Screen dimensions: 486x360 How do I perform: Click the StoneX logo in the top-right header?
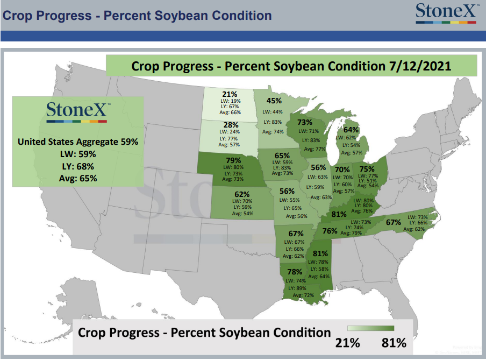click(446, 13)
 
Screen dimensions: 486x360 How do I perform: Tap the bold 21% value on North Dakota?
click(230, 94)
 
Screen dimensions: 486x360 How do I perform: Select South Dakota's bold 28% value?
click(231, 125)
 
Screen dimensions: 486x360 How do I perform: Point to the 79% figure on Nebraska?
click(233, 160)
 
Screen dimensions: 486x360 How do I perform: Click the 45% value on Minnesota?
click(274, 101)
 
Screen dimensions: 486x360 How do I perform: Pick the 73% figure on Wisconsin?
click(305, 122)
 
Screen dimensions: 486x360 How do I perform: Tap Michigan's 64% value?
click(351, 129)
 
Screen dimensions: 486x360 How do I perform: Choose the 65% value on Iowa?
click(282, 155)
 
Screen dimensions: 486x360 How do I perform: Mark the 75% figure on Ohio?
click(367, 169)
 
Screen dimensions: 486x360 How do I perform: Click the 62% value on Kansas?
click(242, 194)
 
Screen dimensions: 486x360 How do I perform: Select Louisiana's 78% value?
click(295, 272)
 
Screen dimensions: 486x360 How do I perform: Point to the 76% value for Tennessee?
click(330, 231)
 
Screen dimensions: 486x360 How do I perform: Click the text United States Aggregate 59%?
click(78, 142)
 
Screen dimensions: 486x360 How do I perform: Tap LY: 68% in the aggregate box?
click(78, 166)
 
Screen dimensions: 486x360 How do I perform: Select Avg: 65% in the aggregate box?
click(78, 179)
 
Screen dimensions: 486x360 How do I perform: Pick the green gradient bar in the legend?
click(371, 328)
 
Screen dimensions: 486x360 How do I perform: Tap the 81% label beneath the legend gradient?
click(394, 343)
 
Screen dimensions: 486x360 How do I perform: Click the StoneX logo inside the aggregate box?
click(77, 112)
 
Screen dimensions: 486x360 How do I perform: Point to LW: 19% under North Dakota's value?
click(230, 101)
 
